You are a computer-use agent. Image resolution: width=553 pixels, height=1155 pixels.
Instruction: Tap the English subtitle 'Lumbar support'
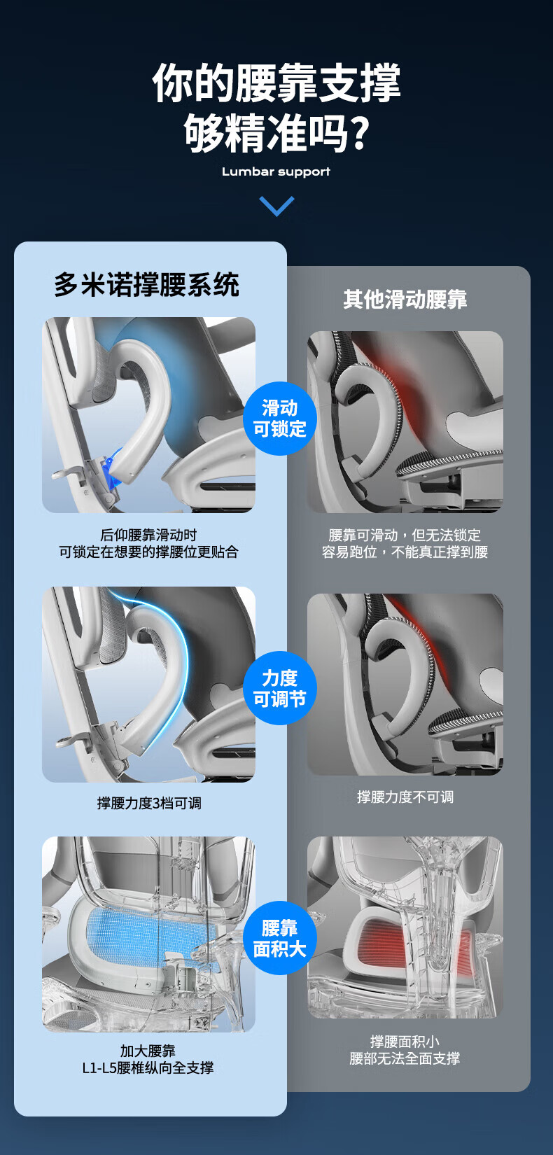point(276,171)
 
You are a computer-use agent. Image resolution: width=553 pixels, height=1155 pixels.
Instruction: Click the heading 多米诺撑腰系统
point(147,285)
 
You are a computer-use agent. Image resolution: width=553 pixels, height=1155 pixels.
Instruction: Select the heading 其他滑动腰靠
point(405,300)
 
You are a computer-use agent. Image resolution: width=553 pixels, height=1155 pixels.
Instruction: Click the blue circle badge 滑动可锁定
point(279,418)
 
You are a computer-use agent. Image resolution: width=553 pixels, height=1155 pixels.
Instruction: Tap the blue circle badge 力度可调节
point(279,688)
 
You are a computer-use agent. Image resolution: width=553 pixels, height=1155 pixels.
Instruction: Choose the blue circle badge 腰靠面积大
point(279,938)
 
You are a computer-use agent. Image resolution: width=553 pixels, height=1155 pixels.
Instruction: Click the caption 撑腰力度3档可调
point(149,803)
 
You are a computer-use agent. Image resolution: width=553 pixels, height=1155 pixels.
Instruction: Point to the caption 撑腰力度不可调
point(405,797)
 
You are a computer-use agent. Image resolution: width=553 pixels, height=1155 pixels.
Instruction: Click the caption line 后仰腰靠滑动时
point(148,535)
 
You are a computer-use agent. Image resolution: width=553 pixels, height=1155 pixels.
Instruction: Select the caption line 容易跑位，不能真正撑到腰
point(405,552)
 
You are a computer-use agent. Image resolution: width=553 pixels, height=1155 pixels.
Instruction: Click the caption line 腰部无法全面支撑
point(405,1058)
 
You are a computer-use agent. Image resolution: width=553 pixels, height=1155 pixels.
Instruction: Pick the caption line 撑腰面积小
point(405,1042)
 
